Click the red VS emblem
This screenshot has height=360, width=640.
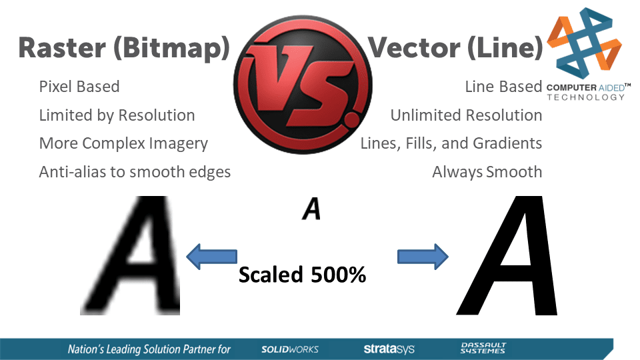(303, 85)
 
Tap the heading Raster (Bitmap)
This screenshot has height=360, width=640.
(125, 49)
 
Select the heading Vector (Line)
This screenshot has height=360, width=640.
(455, 48)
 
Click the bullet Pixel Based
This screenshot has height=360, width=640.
(79, 87)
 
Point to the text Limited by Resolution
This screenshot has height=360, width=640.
(117, 115)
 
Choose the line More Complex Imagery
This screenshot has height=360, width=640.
(123, 144)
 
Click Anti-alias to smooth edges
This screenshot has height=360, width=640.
(135, 172)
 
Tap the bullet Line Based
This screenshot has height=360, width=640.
(504, 87)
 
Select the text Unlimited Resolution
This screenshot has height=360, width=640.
(466, 115)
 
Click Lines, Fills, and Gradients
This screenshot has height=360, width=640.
(451, 144)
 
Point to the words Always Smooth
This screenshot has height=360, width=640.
(487, 172)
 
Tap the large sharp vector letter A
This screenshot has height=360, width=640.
(507, 255)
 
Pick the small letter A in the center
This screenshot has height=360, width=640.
(311, 209)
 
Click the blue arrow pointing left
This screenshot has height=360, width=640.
(211, 257)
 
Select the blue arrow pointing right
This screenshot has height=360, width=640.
(423, 257)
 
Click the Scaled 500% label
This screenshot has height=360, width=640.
(303, 275)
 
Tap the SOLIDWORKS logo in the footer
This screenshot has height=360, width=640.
(290, 349)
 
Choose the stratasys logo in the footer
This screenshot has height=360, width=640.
(389, 349)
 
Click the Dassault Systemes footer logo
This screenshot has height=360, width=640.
(483, 348)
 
